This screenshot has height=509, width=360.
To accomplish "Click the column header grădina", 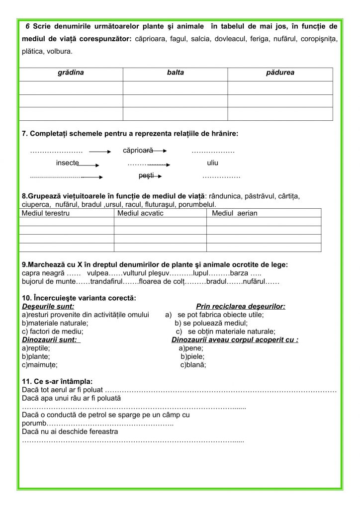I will point(71,73).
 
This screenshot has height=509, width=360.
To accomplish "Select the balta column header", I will point(176,73).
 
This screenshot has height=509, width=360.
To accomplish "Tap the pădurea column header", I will point(280,73).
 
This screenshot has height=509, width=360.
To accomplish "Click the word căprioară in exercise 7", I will point(138,150).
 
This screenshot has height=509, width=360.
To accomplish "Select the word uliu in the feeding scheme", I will point(213,163).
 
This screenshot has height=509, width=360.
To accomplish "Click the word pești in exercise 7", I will point(146,175).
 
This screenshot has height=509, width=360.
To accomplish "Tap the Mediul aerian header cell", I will point(234,213).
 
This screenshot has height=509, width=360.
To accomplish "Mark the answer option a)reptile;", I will point(36,348).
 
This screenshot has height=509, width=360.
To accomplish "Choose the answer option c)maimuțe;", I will point(40,364).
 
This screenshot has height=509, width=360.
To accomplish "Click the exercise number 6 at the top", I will point(28,25).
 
